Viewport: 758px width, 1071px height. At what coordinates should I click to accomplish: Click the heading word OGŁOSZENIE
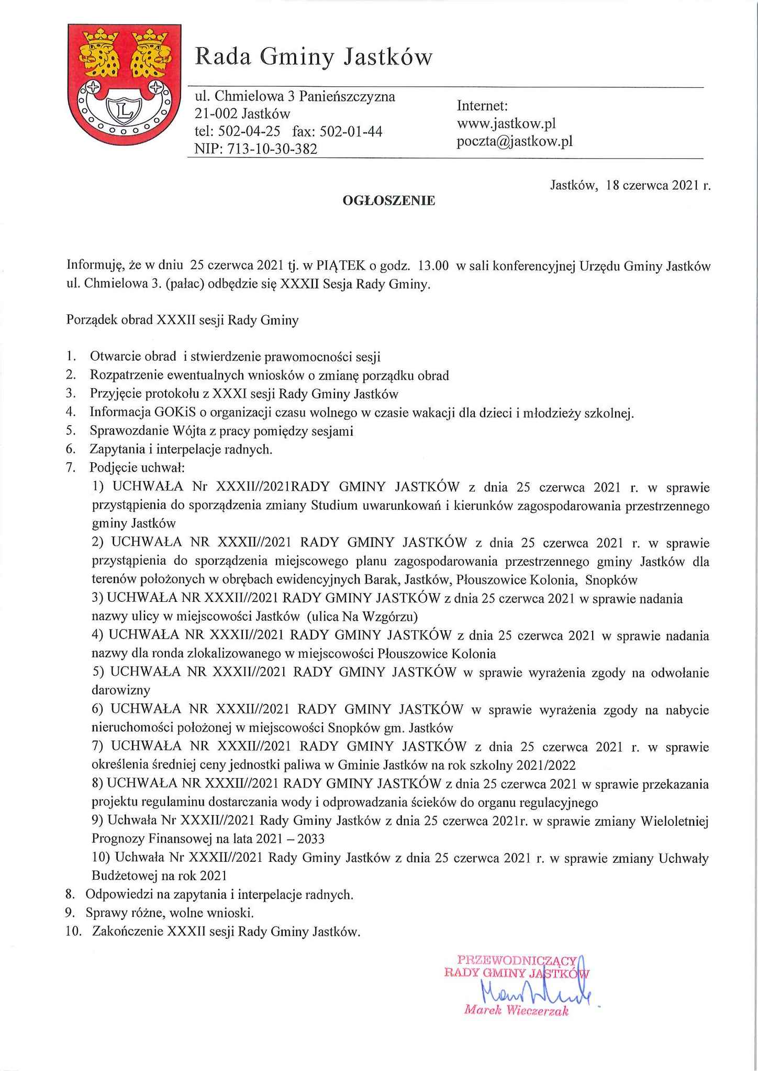388,200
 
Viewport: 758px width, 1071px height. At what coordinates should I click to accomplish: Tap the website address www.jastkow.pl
506,124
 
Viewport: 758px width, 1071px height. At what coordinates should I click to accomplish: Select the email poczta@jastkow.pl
515,141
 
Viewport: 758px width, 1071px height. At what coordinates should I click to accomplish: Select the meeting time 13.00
434,266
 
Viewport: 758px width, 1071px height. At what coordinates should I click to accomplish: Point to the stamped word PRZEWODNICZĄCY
517,961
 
